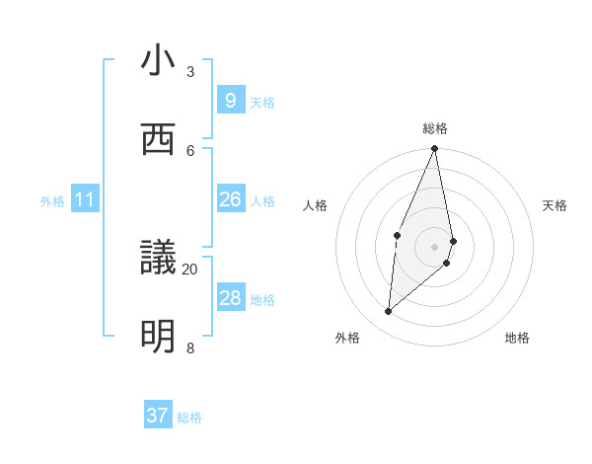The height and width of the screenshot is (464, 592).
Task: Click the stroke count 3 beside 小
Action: tap(190, 72)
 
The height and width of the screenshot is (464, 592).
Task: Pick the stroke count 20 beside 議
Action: tap(190, 269)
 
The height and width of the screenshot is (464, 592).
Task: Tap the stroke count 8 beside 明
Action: tap(190, 348)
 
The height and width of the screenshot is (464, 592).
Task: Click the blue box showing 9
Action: tap(230, 101)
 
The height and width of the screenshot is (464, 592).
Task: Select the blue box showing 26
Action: tap(230, 199)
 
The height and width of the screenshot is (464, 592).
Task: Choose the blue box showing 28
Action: tap(230, 298)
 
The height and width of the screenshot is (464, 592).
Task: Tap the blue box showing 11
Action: tap(85, 199)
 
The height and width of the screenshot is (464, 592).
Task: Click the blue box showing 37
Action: tap(158, 416)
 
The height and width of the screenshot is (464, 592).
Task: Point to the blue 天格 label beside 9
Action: tap(262, 103)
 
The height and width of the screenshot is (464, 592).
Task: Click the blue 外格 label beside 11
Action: tap(52, 201)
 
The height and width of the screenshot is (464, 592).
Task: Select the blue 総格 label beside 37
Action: tap(189, 418)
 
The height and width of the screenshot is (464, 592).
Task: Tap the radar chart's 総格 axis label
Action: tap(435, 128)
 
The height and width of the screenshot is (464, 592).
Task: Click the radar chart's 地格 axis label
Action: tap(517, 338)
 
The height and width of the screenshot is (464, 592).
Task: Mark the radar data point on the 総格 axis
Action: tap(434, 149)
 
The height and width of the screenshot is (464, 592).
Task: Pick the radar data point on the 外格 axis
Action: tap(388, 312)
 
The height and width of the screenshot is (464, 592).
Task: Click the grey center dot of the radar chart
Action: tap(434, 246)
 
